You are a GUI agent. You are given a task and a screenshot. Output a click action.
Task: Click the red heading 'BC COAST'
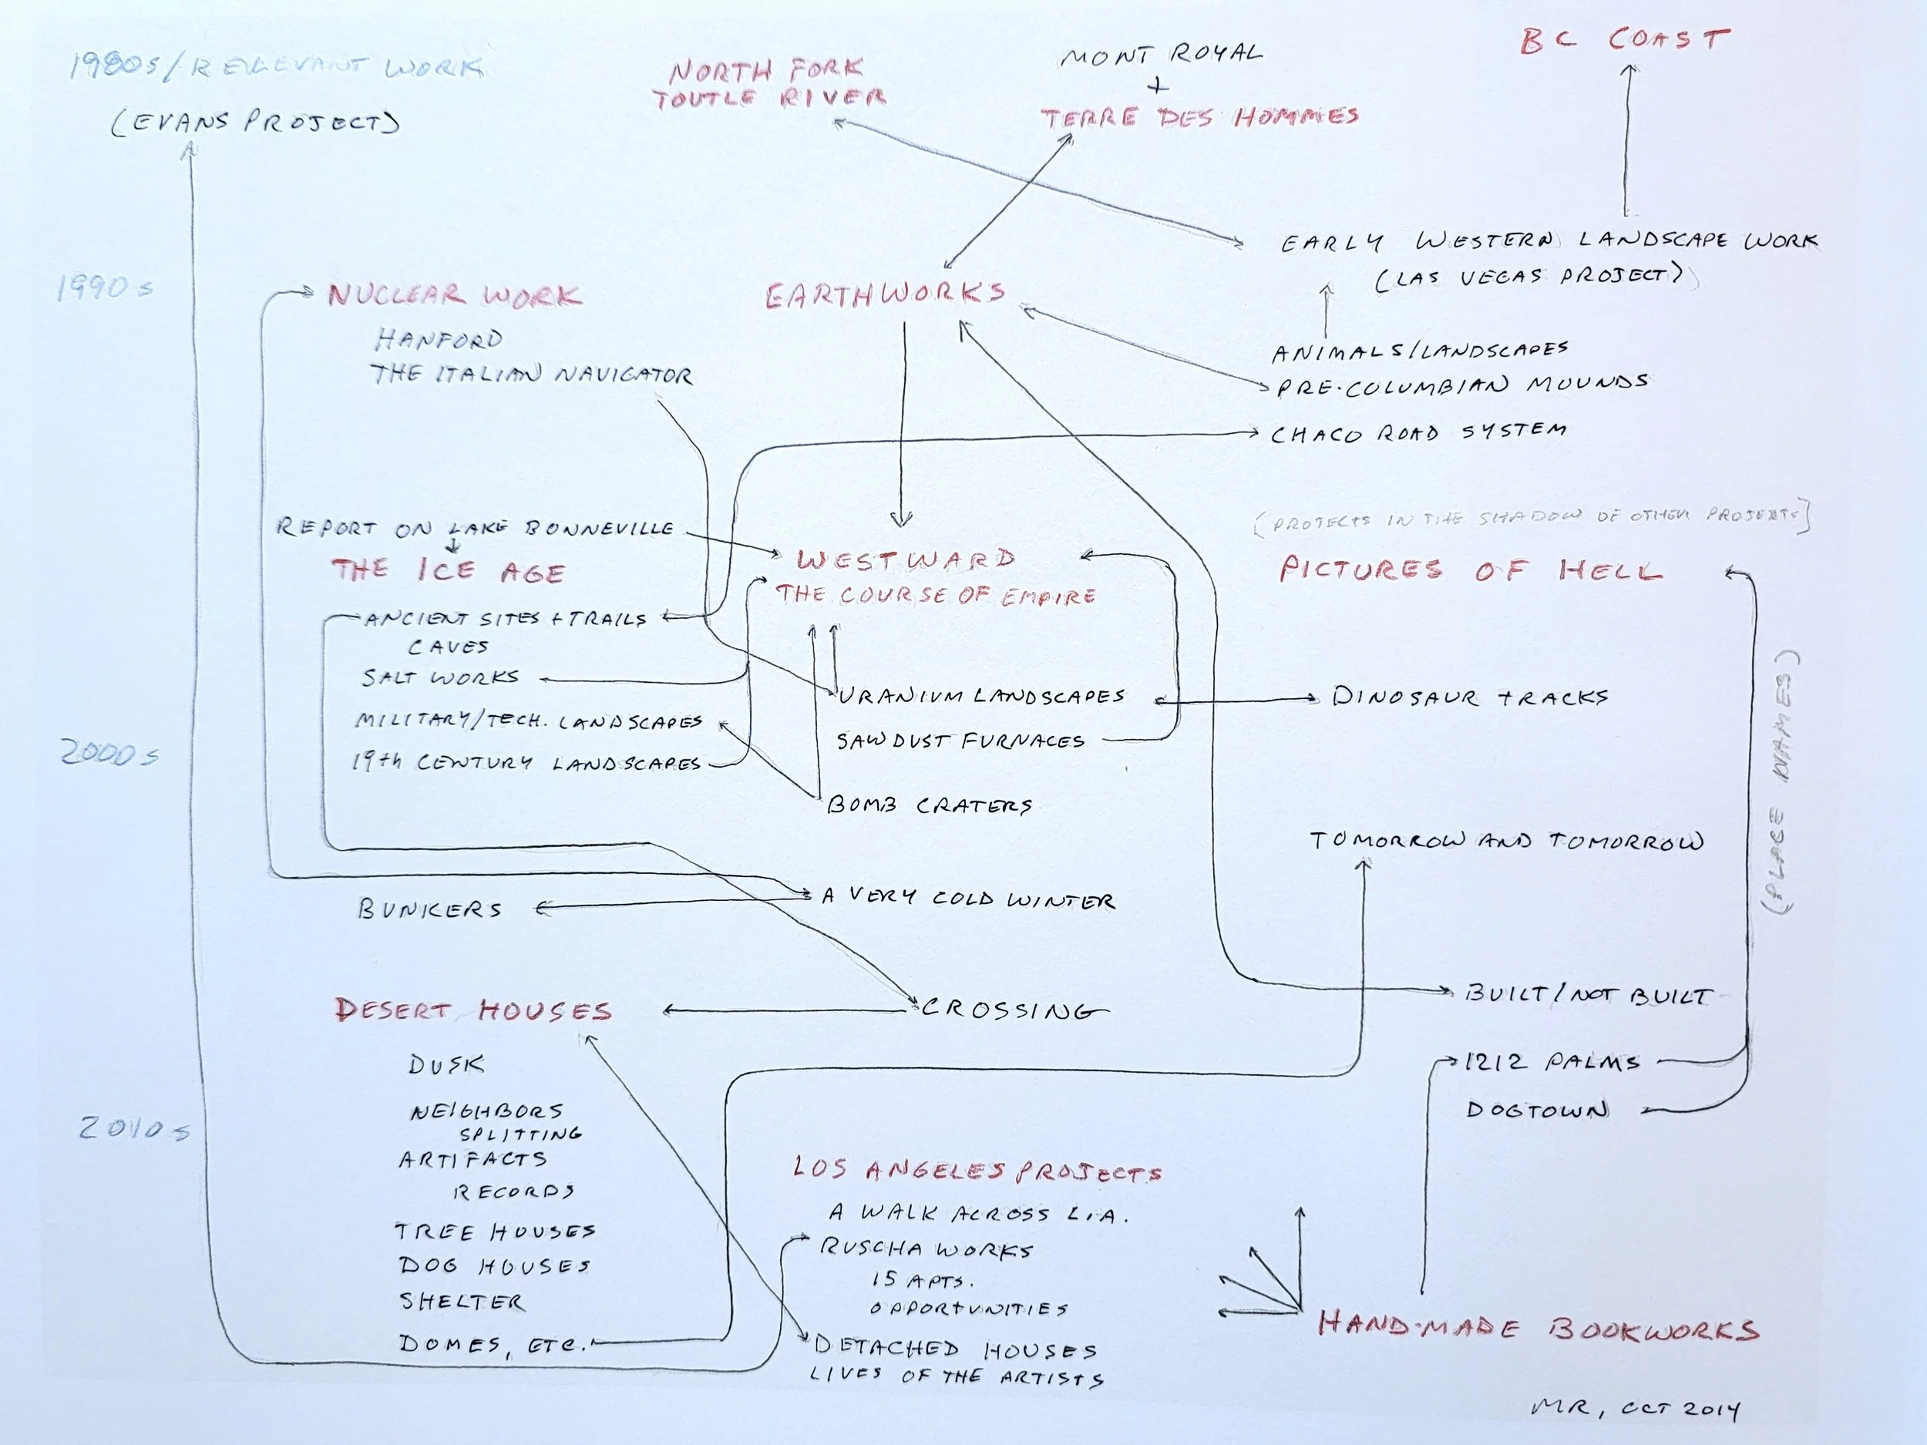tap(1625, 40)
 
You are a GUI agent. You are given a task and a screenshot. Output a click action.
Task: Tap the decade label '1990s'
tap(106, 287)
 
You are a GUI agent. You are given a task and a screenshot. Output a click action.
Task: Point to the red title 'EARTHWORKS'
tap(885, 294)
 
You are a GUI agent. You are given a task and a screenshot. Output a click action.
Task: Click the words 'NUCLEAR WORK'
tap(454, 295)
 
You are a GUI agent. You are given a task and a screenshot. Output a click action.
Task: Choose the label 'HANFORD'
tap(439, 339)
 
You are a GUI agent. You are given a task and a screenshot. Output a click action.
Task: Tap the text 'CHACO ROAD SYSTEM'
tap(1418, 432)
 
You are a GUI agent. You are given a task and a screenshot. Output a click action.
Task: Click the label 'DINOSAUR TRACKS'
tap(1470, 697)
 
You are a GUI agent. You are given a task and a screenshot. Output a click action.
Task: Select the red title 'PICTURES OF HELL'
tap(1471, 570)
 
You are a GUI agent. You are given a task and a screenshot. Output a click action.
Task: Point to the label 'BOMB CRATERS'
tap(930, 805)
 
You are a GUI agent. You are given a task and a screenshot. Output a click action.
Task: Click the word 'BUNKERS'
tap(429, 909)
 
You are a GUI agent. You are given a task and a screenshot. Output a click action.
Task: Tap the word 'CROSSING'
tap(1013, 1010)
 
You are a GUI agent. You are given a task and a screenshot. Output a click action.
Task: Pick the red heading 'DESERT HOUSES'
tap(474, 1010)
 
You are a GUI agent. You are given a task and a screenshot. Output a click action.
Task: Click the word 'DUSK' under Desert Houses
tap(446, 1064)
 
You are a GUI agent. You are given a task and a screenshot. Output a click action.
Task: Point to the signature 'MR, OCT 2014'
tap(1634, 1409)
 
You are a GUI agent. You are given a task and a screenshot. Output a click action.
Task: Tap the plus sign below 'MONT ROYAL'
tap(1158, 86)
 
